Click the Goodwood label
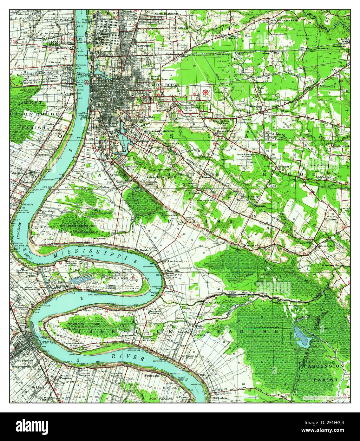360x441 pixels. pos(191,108)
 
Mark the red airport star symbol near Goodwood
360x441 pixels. pos(206,92)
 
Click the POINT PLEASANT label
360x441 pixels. pos(161,398)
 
